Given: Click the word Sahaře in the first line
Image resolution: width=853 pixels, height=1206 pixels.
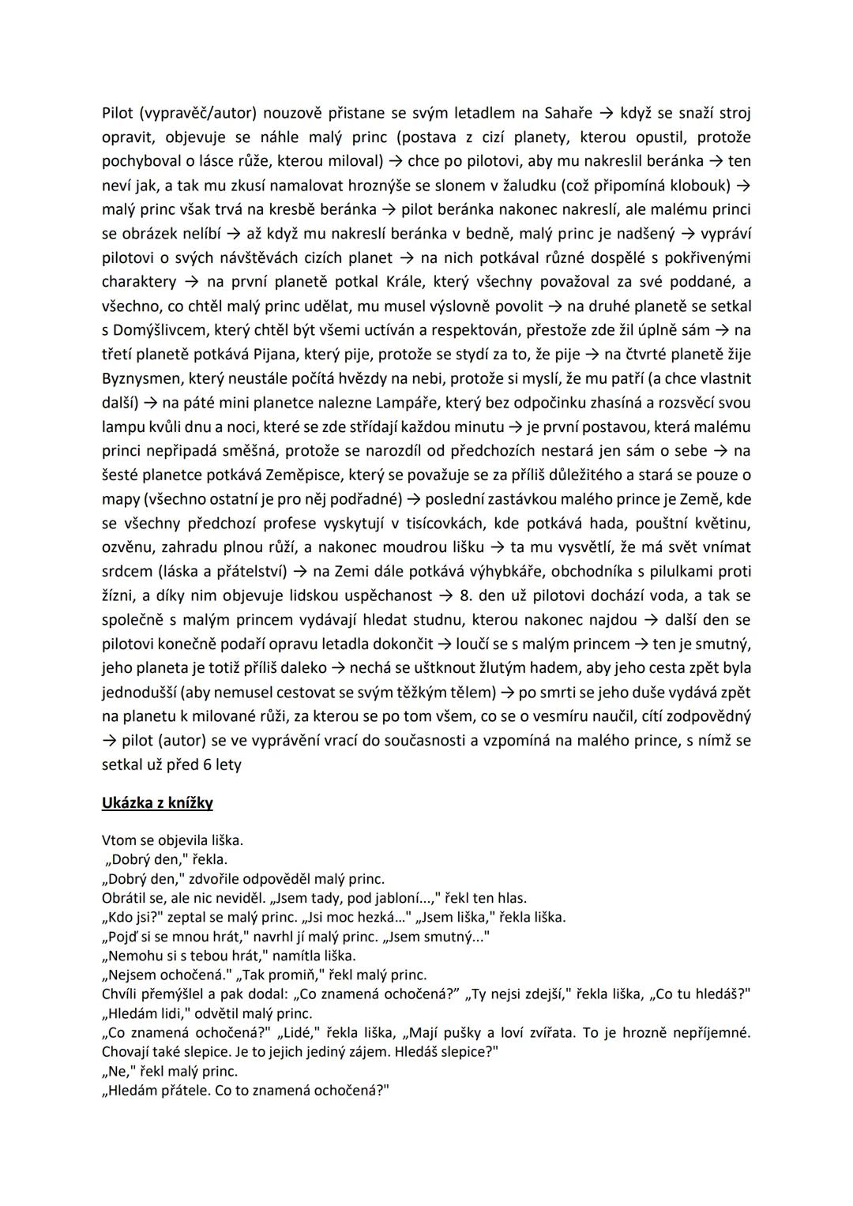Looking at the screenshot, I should (566, 113).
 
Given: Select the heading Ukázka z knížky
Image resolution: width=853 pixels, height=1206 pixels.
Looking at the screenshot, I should (157, 803).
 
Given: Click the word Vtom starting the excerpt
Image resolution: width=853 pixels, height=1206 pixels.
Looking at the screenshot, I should (118, 840).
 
